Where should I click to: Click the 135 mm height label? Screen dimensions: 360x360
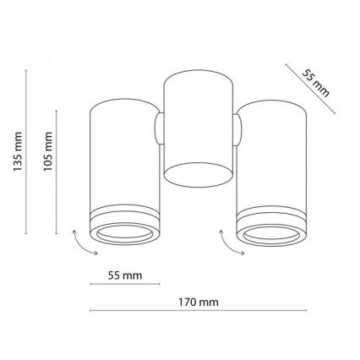(18, 151)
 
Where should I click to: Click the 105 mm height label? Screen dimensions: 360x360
(48, 151)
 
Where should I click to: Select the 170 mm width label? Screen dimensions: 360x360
(199, 303)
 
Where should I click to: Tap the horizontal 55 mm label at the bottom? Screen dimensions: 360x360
(125, 275)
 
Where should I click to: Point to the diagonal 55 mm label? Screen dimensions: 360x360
(315, 83)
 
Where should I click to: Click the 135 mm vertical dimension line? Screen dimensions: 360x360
(26, 151)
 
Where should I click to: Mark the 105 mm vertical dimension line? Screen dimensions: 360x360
(57, 172)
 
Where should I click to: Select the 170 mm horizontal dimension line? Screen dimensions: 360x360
(198, 310)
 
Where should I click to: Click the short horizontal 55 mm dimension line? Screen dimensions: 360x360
(125, 284)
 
